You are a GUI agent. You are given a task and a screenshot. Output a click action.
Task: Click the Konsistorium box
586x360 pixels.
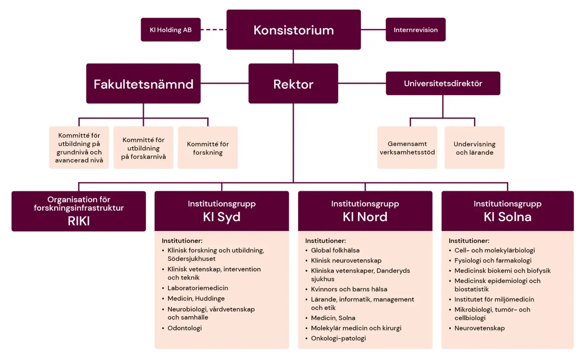(x=293, y=30)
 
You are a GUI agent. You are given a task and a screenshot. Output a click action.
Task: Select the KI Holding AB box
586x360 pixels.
(x=171, y=30)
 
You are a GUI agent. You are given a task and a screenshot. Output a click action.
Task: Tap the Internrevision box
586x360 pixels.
(x=415, y=30)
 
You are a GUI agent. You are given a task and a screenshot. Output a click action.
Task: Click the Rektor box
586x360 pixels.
(x=293, y=84)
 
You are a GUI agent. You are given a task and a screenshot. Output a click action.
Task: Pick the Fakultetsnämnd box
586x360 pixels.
(x=143, y=84)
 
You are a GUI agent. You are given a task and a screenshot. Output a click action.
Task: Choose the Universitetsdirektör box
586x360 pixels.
(x=443, y=83)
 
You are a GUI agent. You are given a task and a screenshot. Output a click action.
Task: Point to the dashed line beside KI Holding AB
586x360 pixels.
(x=214, y=30)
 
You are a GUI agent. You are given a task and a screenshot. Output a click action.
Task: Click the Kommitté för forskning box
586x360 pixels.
(x=208, y=148)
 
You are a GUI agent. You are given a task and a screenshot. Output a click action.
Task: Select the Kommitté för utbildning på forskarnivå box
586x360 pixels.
(x=143, y=148)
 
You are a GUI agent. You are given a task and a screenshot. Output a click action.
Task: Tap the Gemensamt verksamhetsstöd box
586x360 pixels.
(x=407, y=148)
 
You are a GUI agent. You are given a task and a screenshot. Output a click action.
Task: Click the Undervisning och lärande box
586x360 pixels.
(x=474, y=148)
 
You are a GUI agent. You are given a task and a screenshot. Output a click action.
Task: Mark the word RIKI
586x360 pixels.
(x=79, y=221)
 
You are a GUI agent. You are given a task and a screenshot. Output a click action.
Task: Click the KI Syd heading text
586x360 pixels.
(x=222, y=217)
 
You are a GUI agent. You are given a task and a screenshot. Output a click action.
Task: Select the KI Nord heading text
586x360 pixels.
(x=365, y=217)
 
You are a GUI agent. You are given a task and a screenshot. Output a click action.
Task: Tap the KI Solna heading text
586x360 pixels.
(x=507, y=217)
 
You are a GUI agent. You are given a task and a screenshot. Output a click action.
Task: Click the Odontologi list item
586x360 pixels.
(x=184, y=328)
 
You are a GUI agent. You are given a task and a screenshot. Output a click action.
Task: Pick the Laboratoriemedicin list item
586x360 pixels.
(x=198, y=288)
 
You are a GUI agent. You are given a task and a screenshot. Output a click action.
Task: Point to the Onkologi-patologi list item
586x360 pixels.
(x=338, y=338)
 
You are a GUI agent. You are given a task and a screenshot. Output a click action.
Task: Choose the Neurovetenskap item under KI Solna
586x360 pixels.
(x=479, y=328)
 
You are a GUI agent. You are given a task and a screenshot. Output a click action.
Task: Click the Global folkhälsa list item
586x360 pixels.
(x=335, y=250)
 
